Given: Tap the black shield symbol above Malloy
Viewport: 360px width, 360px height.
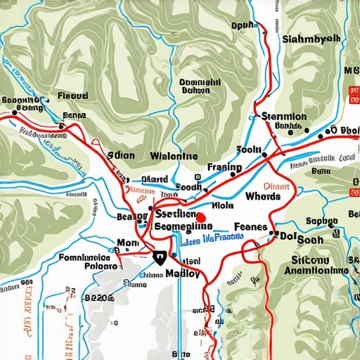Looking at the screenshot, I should (x=160, y=257).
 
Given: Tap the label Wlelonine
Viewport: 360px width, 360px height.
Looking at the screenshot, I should (x=174, y=156).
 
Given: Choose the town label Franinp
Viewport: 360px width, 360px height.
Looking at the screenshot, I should (x=225, y=168).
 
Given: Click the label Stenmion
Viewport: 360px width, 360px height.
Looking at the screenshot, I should (x=283, y=116).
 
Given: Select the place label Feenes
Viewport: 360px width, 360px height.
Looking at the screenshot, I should (x=250, y=227).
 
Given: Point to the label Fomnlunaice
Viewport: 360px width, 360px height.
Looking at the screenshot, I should (x=86, y=257).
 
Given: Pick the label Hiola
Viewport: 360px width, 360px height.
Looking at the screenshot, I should (x=222, y=207).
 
